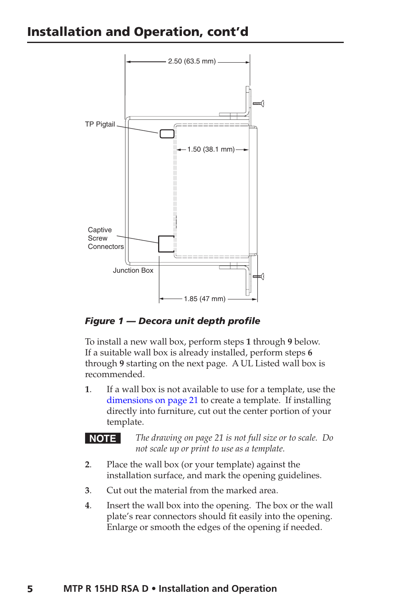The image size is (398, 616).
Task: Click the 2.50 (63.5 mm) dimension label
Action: pos(192,61)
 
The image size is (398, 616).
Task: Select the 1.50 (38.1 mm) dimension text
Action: pos(211,150)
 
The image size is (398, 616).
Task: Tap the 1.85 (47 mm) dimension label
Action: pos(204,299)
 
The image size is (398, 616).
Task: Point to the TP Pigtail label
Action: pos(100,124)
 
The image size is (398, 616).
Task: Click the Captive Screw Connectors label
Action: pos(106,238)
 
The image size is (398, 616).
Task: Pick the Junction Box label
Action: pos(133,271)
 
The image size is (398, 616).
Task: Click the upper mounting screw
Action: pos(259,104)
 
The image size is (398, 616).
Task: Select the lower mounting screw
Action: pos(259,276)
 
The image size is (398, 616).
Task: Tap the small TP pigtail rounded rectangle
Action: pos(167,134)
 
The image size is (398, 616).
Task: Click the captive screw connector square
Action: pos(166,244)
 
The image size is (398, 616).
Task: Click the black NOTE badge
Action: pos(103,439)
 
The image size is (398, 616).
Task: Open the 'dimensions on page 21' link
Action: pos(152,401)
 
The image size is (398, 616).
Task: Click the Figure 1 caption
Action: pos(172,321)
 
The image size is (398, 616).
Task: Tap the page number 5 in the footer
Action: pos(30,589)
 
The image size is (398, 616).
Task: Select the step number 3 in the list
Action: pos(88,491)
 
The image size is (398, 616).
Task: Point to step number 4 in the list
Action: pos(88,506)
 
